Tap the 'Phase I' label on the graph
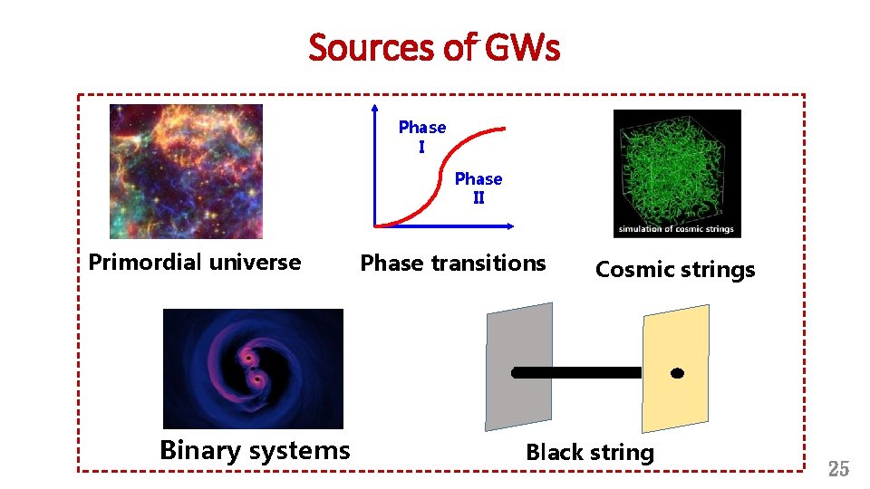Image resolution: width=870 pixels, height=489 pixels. pos(422,136)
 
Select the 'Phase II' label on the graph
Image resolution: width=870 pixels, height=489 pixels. pos(478,187)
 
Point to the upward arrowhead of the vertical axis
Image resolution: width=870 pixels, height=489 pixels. pos(373,108)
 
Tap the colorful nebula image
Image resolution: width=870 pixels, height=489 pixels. pos(186,171)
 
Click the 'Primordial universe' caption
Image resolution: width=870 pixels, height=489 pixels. pos(195,263)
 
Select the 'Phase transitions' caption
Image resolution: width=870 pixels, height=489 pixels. pos(453,264)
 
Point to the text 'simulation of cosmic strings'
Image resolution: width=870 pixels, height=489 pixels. pos(676,229)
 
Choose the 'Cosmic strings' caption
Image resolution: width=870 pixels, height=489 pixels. pos(675,270)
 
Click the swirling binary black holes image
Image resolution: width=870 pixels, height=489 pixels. pos(253,369)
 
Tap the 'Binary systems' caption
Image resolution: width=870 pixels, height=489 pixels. pos(255,450)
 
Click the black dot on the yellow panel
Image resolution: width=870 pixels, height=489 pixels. pos(677,373)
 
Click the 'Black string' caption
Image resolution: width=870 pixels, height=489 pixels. pos(590,453)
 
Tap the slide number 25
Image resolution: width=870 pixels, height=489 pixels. pos(838,469)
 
